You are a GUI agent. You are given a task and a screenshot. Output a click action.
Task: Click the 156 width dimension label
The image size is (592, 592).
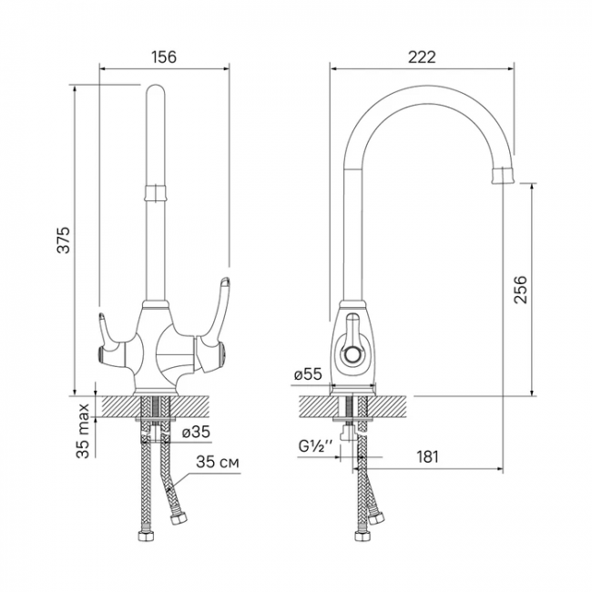[164, 56]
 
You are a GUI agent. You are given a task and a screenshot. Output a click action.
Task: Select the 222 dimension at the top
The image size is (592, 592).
[422, 56]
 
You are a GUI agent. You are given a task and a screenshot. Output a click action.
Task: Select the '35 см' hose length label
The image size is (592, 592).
[219, 463]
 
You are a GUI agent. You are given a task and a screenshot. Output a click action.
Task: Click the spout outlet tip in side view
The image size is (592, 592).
[504, 176]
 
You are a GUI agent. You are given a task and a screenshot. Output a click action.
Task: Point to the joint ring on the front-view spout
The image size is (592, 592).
[155, 190]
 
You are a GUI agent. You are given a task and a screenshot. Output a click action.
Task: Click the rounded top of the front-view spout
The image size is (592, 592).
[155, 91]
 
